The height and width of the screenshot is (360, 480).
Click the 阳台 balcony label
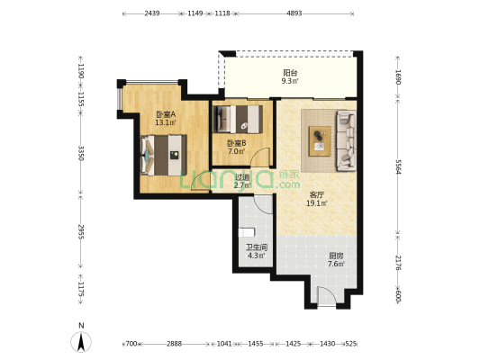coord(290,73)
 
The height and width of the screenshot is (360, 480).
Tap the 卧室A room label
coord(166,114)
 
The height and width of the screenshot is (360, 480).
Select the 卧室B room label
coord(236,143)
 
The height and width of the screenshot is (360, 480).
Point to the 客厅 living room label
coord(317,194)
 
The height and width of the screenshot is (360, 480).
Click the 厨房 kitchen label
coord(336,256)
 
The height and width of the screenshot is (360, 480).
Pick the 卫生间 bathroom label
coord(257,247)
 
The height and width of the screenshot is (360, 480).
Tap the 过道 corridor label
coord(242,177)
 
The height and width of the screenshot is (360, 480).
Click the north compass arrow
coord(81,342)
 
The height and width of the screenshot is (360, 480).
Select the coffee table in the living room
coord(320,141)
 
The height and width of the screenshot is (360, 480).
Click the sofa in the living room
coord(346,140)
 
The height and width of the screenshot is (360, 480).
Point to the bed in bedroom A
coord(164,156)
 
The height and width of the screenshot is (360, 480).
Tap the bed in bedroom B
coord(238,119)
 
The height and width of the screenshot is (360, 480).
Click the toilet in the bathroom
coord(247,232)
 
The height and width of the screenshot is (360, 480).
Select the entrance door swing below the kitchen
coord(327,296)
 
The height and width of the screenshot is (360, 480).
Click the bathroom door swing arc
coord(263,204)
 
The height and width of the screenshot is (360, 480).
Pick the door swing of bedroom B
coord(259,157)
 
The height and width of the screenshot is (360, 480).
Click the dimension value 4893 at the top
coord(294,13)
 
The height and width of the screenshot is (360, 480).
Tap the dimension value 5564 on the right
coord(398,166)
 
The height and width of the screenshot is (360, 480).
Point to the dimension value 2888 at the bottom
coord(174,344)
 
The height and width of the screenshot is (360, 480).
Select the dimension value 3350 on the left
coord(80,153)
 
